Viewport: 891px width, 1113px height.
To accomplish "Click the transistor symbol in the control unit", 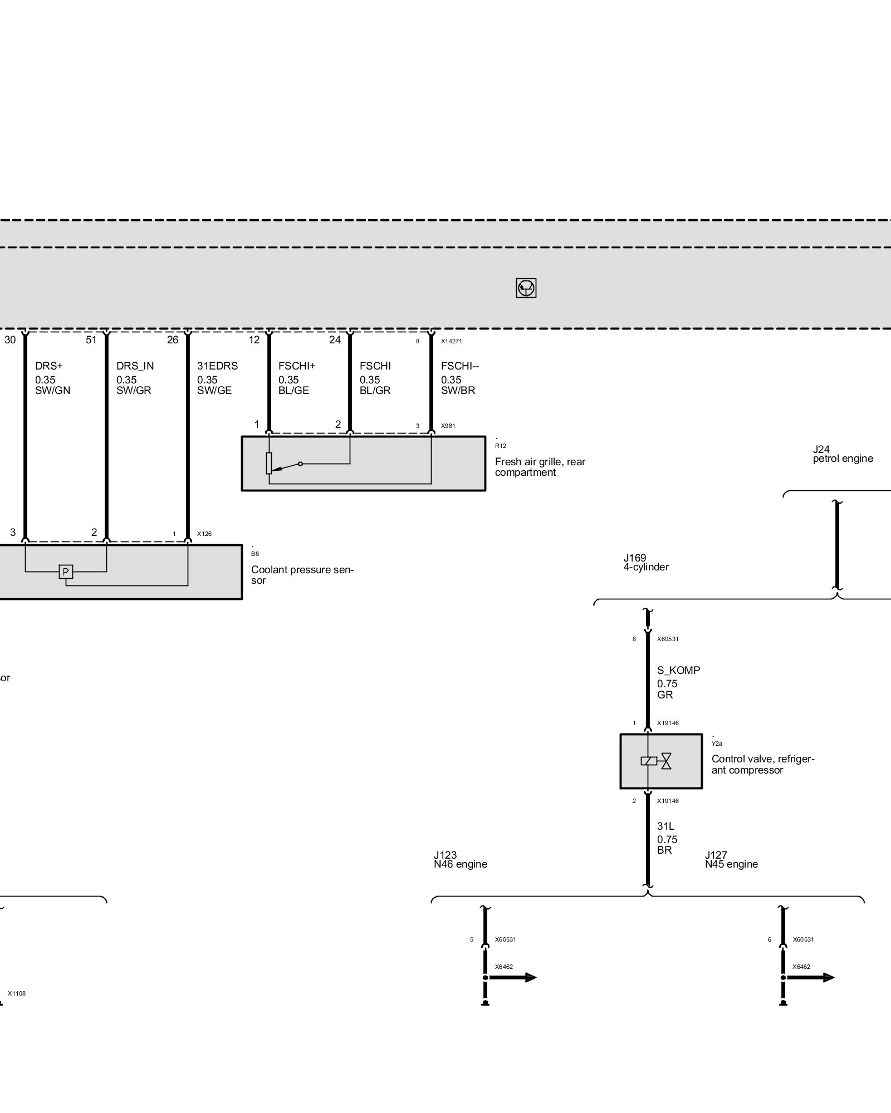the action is coord(526,288).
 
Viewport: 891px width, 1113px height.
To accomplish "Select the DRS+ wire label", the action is coord(48,366).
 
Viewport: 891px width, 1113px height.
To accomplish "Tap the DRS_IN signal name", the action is coord(135,366).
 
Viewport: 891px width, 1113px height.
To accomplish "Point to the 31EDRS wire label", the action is coord(217,366).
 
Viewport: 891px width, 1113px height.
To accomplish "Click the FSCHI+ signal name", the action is coord(297,366).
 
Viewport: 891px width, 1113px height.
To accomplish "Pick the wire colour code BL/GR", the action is coord(375,391).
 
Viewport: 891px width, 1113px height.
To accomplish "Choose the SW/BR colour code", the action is coord(458,391).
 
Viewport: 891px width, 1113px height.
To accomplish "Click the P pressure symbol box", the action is coord(66,572).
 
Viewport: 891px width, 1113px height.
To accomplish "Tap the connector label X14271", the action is coord(451,341).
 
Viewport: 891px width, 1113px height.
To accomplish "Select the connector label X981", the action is coord(448,426).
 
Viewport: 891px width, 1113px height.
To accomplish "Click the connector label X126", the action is coord(204,534).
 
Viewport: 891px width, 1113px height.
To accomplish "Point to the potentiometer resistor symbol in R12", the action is coord(269,463).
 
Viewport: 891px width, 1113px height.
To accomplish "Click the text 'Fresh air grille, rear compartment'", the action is coord(540,467).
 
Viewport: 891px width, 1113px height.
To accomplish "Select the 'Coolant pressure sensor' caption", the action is coord(302,575).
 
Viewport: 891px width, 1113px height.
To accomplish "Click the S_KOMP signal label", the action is coord(678,671).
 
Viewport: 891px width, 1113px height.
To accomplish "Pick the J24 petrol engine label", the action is coord(842,454).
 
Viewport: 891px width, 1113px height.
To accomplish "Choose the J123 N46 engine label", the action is coord(460,860).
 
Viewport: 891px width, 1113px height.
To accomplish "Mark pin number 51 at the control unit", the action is coord(91,340).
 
